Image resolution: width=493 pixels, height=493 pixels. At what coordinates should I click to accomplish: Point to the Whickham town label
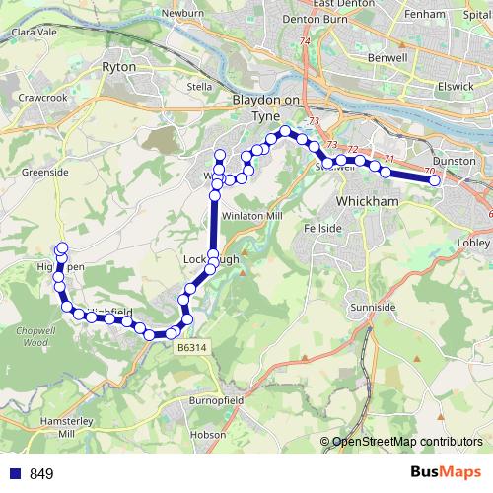coord(366,201)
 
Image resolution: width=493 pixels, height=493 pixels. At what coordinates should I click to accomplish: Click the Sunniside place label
coord(374,308)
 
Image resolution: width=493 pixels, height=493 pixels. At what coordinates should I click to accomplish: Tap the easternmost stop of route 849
coord(435,179)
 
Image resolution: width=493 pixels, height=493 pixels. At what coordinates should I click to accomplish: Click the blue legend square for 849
coord(15,474)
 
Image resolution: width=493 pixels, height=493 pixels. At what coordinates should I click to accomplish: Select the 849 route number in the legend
coord(41,474)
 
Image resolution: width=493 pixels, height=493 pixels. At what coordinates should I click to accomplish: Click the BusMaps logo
coord(445,472)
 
